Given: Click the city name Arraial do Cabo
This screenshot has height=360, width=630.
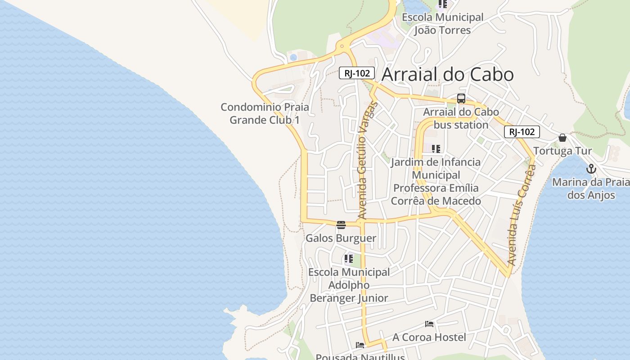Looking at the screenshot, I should [x=447, y=75].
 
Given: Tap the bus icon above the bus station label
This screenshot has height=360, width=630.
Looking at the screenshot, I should [x=461, y=99].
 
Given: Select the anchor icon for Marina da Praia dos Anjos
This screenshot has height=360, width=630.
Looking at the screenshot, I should [x=591, y=169].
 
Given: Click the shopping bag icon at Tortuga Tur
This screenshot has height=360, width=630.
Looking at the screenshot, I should [x=562, y=138].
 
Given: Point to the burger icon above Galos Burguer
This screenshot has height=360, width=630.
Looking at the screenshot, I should [x=341, y=225].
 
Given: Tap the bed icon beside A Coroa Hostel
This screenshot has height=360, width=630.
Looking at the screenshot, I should [x=429, y=324].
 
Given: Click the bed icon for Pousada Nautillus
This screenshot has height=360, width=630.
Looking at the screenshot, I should [x=360, y=345].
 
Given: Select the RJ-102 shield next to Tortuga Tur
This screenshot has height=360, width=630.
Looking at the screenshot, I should [x=522, y=132].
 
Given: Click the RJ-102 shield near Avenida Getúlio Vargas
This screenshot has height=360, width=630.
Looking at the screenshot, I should [x=357, y=73].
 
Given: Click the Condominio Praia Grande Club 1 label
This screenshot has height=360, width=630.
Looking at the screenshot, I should [x=265, y=113].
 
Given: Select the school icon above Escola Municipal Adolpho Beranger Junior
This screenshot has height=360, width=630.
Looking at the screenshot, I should [x=348, y=259].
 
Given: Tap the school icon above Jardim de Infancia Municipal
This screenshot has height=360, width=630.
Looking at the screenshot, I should [x=436, y=148].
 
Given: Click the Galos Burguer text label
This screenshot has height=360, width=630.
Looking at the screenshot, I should [x=341, y=238].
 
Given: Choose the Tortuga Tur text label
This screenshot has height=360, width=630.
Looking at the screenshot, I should [x=562, y=151].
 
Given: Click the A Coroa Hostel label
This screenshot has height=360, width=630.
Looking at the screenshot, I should [x=429, y=337].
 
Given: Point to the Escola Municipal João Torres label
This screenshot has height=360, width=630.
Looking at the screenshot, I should [x=442, y=24].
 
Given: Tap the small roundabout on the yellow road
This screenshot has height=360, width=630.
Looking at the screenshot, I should [x=342, y=46].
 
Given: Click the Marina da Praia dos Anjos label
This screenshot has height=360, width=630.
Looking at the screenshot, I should [x=590, y=189].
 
